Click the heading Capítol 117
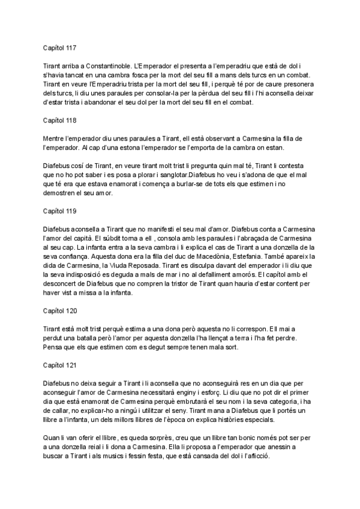click(x=60, y=46)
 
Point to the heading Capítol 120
click(x=60, y=311)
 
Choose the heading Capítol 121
click(x=60, y=364)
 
